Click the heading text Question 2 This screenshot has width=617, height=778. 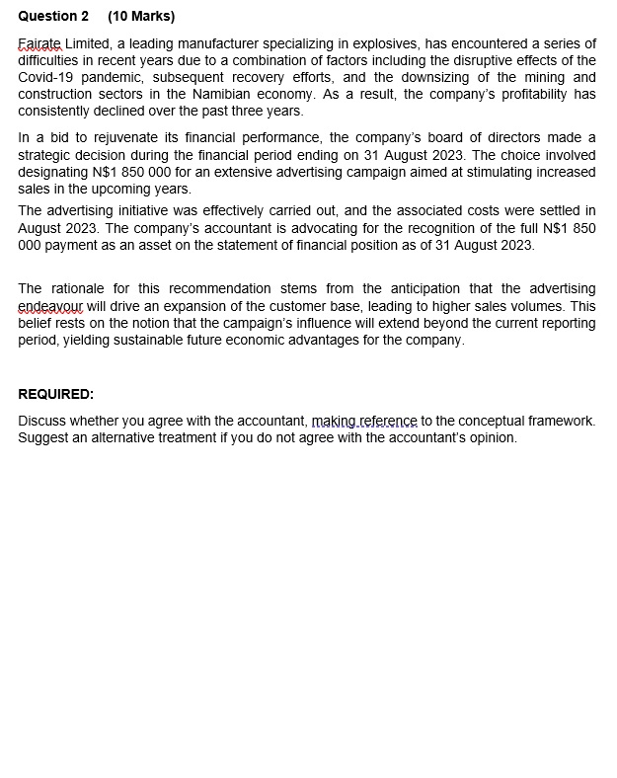(x=53, y=16)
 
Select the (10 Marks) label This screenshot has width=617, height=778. (x=141, y=16)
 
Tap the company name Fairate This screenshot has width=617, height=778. (x=40, y=44)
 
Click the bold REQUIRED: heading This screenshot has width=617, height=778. (x=56, y=394)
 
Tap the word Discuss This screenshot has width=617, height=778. (x=43, y=421)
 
